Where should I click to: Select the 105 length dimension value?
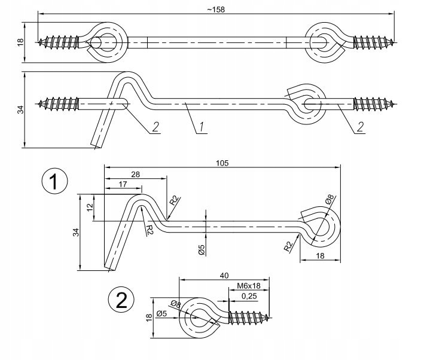[x=223, y=163]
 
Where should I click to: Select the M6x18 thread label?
[x=248, y=286]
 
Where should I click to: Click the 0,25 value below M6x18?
[x=249, y=296]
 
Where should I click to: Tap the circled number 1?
[x=55, y=182]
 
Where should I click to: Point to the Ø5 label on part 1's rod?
[x=202, y=249]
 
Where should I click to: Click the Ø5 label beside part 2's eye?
[x=161, y=313]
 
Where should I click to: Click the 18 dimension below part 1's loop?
[x=319, y=255]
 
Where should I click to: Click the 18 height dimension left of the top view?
[x=20, y=42]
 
